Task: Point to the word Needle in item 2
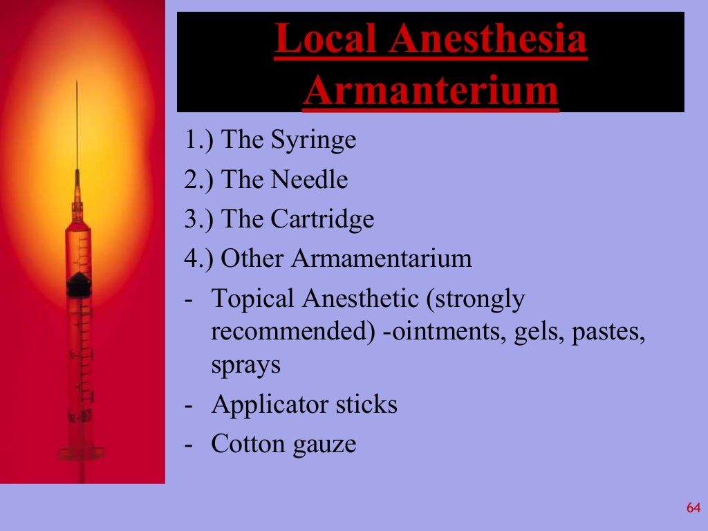309,180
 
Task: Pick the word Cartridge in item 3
322,219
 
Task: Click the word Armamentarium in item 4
382,259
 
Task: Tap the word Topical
254,299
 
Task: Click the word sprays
245,364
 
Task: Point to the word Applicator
270,404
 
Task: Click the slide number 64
693,508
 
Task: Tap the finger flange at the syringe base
82,453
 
